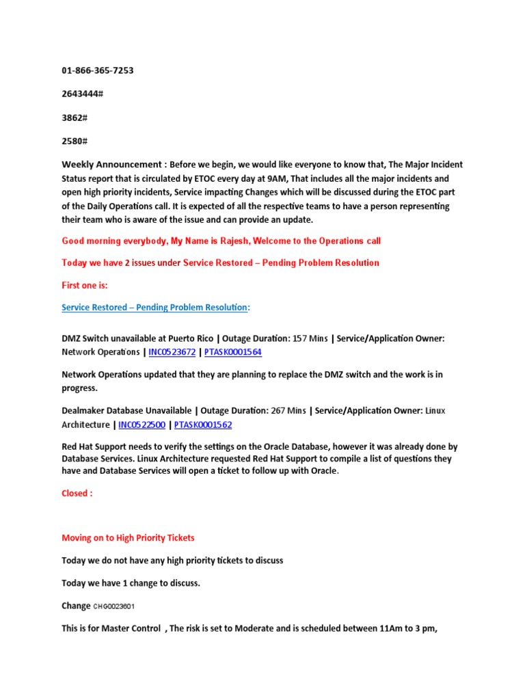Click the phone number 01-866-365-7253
98,70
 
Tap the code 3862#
75,118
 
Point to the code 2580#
75,141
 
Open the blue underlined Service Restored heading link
154,308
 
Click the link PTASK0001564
232,352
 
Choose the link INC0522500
142,425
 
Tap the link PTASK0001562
203,425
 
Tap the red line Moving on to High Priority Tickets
129,538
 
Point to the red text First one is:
85,285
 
